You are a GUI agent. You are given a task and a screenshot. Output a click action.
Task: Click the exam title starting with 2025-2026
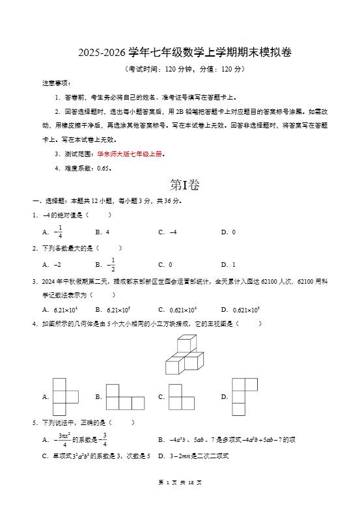pyautogui.click(x=180, y=53)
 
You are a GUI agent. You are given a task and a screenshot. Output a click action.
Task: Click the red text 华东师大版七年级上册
pyautogui.click(x=130, y=154)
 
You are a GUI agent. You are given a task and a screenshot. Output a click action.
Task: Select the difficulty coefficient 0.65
pyautogui.click(x=104, y=168)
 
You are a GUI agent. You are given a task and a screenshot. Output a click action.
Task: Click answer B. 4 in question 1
pyautogui.click(x=102, y=232)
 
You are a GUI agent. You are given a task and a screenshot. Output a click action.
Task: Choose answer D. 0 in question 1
pyautogui.click(x=228, y=232)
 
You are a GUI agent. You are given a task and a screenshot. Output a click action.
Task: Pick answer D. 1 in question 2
pyautogui.click(x=228, y=265)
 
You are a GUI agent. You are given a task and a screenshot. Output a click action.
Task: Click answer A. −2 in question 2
pyautogui.click(x=52, y=265)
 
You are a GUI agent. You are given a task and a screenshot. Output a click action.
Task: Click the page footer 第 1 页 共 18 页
pyautogui.click(x=180, y=482)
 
